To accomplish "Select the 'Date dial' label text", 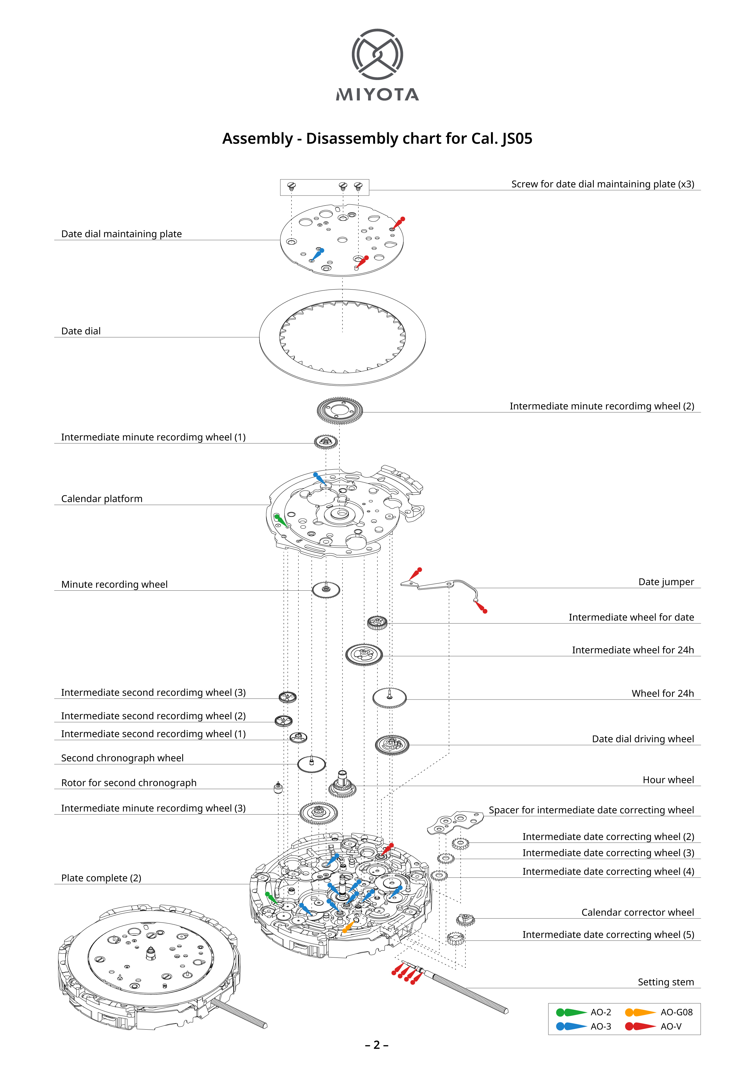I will click(81, 331).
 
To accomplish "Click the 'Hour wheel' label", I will click(668, 780).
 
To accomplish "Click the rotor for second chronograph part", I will click(278, 787).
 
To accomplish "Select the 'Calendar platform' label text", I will click(102, 499).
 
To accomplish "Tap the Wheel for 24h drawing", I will click(390, 698).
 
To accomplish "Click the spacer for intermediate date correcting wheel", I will click(455, 822).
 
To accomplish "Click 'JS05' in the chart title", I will click(517, 138).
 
